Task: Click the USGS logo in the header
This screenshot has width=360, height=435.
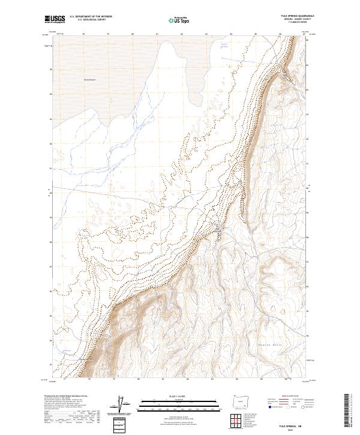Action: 55,19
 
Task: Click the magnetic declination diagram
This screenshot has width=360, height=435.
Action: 124,405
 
